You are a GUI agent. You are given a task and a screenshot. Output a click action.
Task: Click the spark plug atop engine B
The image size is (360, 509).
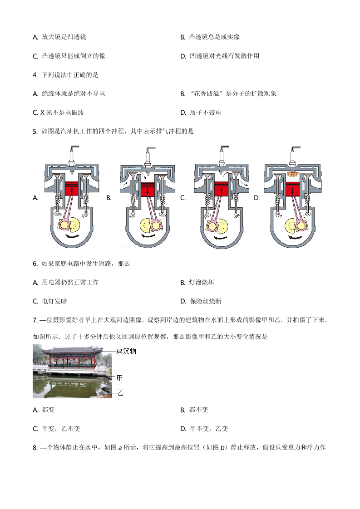coord(147,157)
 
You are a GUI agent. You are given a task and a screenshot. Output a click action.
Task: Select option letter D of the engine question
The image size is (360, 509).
coord(256,198)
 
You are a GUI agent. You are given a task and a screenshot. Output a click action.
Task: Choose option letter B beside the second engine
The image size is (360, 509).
coord(109,198)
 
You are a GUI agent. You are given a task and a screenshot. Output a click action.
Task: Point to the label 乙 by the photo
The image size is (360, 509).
coord(120,393)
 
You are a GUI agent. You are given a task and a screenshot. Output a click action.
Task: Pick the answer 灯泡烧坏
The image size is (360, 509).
coord(202,282)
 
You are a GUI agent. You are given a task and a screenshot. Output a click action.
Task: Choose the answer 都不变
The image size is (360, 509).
coord(198,410)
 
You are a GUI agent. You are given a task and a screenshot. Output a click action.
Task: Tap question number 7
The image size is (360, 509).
coord(35,320)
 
